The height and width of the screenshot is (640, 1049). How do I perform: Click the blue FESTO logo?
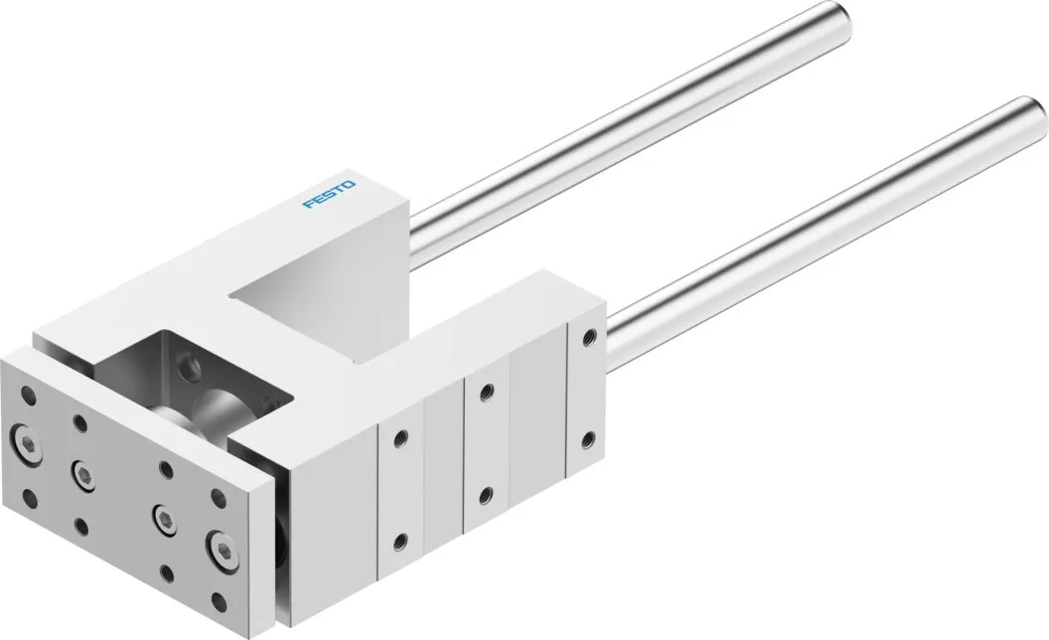329,194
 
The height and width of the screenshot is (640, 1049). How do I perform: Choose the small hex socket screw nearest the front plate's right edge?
164,517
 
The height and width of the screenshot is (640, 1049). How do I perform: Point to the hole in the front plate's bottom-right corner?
219,598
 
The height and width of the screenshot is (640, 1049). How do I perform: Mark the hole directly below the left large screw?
28,498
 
